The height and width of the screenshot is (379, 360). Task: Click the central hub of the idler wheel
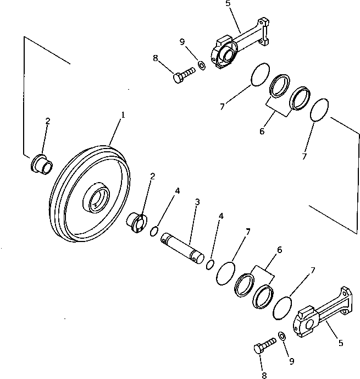(97, 199)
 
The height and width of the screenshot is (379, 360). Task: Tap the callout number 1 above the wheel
(123, 115)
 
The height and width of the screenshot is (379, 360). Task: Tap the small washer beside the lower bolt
(283, 336)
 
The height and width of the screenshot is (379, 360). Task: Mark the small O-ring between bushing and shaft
(156, 231)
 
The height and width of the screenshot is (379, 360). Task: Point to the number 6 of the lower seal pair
(279, 250)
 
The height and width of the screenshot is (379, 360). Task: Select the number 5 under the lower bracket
(340, 343)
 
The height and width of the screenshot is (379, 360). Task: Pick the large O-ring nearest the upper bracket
(259, 75)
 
